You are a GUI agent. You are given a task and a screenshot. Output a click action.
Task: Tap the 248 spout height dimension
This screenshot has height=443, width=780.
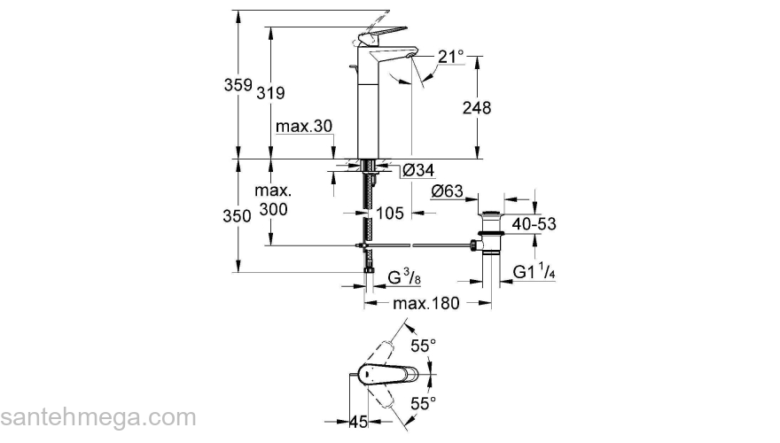click(477, 107)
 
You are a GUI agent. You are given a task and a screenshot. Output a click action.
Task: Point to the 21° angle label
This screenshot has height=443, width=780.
click(450, 57)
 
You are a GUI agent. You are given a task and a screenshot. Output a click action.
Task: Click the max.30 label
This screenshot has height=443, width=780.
click(303, 127)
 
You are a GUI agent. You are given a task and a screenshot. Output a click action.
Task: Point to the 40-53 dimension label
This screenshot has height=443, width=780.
click(534, 224)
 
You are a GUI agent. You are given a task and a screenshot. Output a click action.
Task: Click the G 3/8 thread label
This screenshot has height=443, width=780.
click(404, 278)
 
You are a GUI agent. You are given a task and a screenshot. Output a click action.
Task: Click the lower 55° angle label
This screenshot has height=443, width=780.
click(424, 403)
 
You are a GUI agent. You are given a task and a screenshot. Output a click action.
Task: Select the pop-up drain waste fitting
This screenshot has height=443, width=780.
click(489, 232)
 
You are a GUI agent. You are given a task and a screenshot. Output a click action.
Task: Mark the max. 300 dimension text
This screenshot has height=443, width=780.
click(274, 202)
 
